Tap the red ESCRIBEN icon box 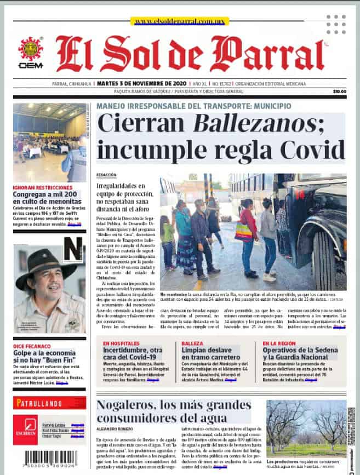point(26,430)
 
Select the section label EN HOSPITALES point(121,344)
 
